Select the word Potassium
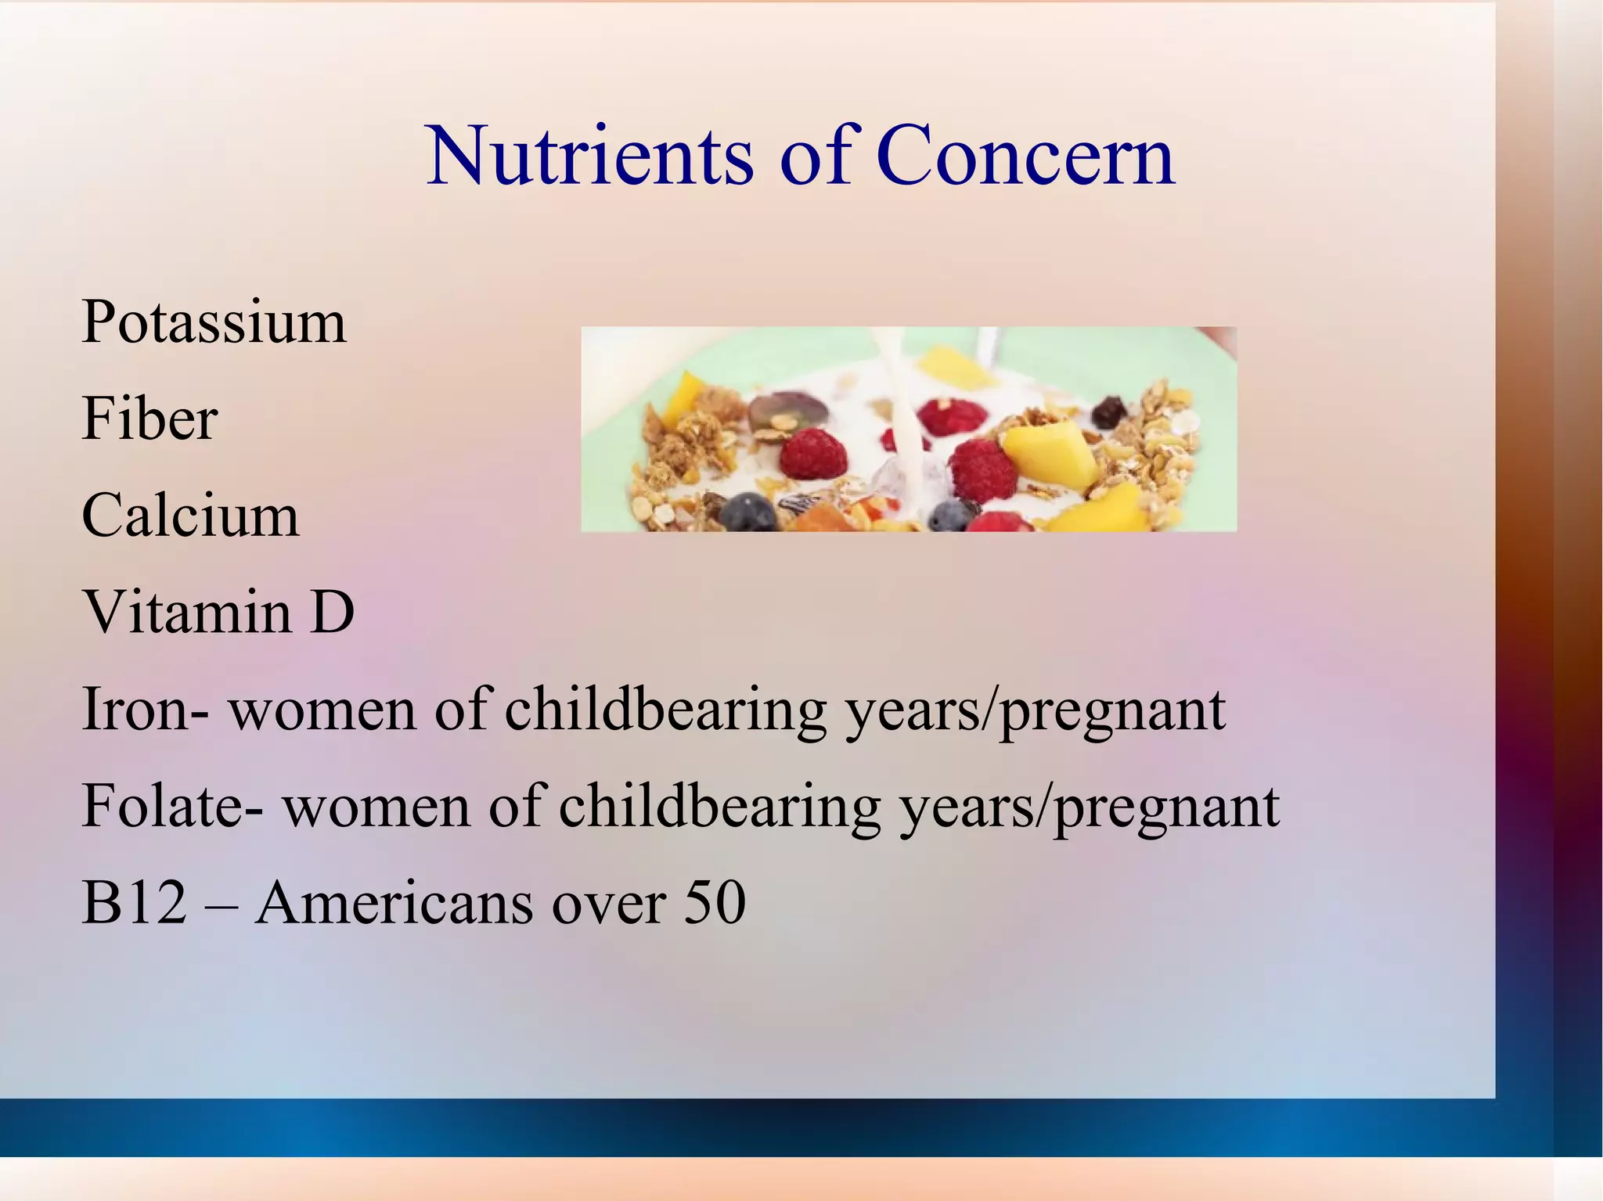(x=214, y=322)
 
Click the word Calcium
(x=190, y=516)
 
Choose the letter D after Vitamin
(x=332, y=612)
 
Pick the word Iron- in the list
(x=145, y=709)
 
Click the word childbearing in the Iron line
(x=665, y=710)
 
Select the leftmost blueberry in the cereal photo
(x=747, y=512)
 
